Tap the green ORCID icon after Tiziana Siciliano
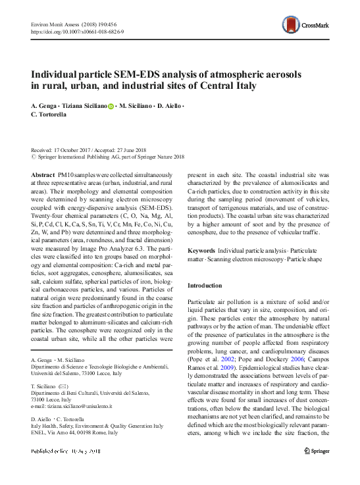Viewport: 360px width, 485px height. tap(111, 106)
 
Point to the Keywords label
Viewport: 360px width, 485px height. tap(201, 251)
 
